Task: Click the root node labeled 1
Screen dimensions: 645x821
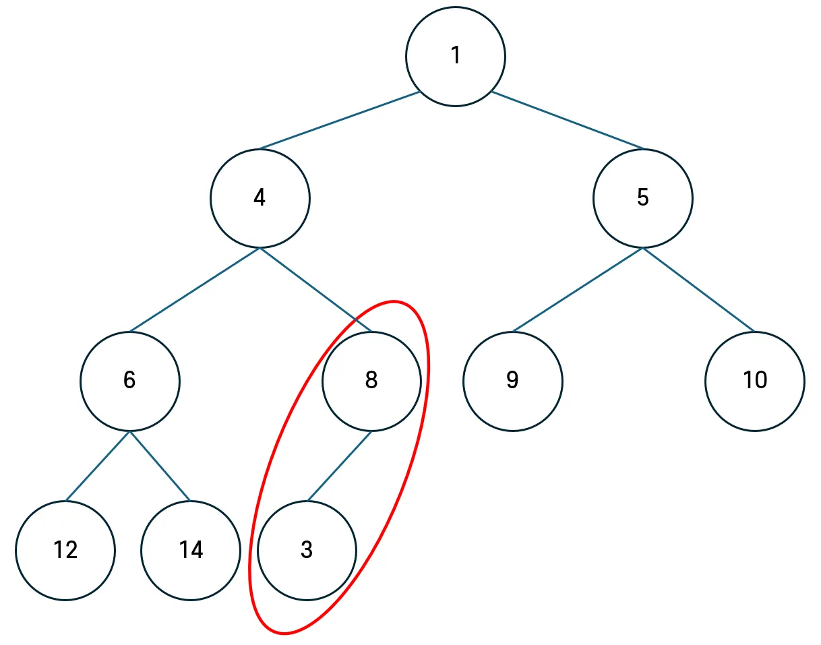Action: pos(456,56)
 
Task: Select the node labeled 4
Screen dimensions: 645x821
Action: pos(260,198)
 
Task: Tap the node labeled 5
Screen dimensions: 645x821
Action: pos(642,198)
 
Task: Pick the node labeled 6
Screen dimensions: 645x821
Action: pos(129,381)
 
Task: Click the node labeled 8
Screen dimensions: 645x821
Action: pos(371,381)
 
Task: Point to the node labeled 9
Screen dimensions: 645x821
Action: pos(512,381)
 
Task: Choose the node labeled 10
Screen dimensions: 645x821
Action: pos(755,381)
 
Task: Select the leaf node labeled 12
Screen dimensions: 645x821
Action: pos(65,551)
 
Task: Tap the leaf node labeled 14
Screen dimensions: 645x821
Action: pos(191,551)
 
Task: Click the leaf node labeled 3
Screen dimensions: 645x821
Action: pos(307,551)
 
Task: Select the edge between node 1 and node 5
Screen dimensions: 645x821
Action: pos(568,120)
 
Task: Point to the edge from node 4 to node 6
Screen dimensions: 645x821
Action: pos(195,290)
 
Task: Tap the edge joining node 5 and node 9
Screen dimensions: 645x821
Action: pos(578,290)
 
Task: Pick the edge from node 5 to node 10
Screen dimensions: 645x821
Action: pos(698,290)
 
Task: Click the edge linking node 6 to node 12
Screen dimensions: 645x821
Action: pos(98,466)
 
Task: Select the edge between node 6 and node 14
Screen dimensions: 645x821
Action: pos(160,466)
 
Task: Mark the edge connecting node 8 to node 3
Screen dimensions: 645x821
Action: pos(339,466)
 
